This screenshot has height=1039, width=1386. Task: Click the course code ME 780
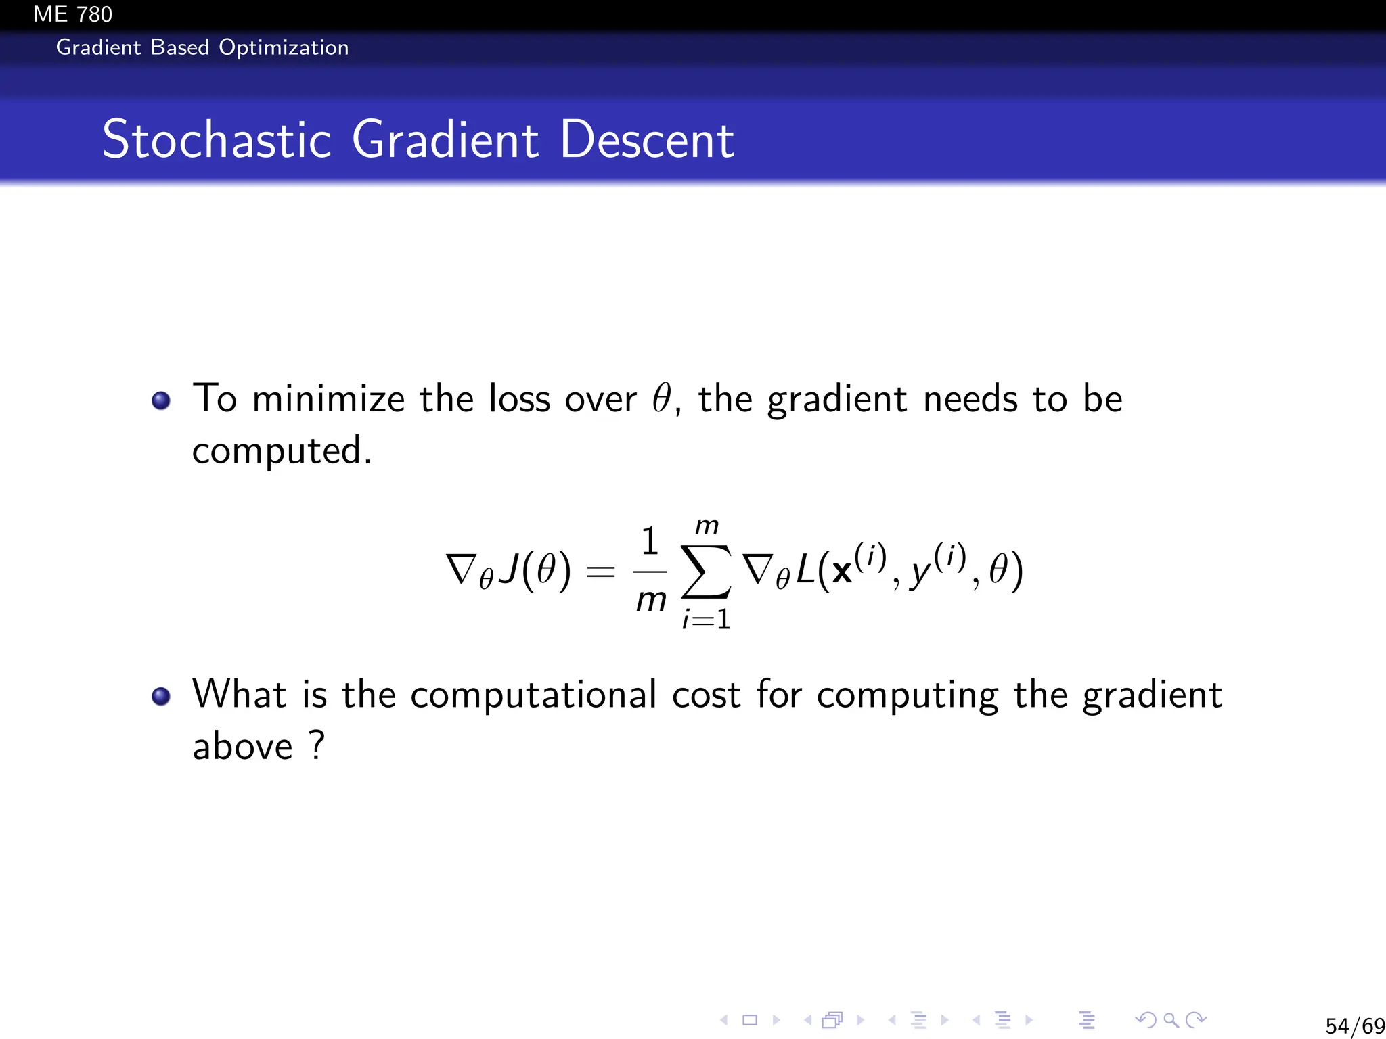(72, 14)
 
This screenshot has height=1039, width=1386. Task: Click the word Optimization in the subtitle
(284, 47)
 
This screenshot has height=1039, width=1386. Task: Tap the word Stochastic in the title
(217, 139)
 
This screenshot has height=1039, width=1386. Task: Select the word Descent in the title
(646, 139)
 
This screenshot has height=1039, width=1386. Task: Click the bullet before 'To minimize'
(161, 400)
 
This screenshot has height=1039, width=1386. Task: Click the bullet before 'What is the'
(161, 696)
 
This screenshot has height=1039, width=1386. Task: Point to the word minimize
(328, 398)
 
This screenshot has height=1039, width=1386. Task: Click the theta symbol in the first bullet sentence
(661, 398)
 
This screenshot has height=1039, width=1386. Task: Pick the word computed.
(282, 451)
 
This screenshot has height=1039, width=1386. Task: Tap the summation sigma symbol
(706, 572)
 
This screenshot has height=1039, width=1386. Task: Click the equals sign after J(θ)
(600, 572)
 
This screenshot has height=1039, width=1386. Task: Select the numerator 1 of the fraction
(650, 541)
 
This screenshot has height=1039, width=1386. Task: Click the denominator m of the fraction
(651, 600)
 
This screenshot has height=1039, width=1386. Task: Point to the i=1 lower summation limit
(706, 620)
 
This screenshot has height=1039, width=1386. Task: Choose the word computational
(533, 695)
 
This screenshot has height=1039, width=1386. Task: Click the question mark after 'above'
(317, 745)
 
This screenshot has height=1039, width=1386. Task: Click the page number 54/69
(1354, 1025)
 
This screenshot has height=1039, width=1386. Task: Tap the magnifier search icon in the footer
(1171, 1020)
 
